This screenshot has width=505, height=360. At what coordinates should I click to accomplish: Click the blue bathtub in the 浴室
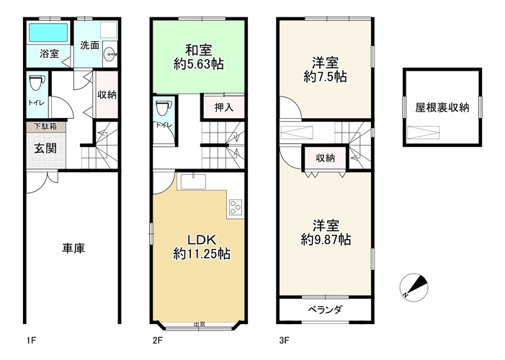click(x=48, y=33)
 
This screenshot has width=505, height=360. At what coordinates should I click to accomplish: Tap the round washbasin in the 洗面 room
click(x=110, y=54)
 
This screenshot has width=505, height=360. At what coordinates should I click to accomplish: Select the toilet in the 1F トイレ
click(x=37, y=84)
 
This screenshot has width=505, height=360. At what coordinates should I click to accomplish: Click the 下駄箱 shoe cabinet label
click(x=45, y=126)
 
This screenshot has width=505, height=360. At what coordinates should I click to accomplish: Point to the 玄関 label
click(x=45, y=148)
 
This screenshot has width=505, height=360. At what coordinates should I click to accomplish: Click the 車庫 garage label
click(x=73, y=248)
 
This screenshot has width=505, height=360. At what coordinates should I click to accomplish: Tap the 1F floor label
click(x=31, y=341)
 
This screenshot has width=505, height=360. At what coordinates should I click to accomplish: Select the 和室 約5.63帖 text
click(x=199, y=58)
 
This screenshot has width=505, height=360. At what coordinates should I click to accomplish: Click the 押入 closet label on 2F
click(x=224, y=107)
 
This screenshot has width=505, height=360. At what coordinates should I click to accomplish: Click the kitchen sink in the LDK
click(x=193, y=182)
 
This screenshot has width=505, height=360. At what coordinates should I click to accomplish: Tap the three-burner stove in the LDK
click(x=236, y=207)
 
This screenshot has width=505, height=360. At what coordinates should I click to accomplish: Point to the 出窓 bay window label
click(x=200, y=324)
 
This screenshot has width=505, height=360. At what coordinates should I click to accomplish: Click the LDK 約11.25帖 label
click(x=202, y=247)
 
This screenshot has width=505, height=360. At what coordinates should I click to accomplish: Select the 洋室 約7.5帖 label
click(x=326, y=70)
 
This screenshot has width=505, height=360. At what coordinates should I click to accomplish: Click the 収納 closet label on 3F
click(x=325, y=158)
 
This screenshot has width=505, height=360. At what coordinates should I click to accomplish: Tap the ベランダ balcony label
click(x=325, y=310)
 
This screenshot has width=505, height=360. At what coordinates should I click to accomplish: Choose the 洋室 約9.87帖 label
click(x=326, y=233)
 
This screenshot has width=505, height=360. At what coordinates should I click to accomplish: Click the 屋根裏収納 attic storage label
click(x=442, y=107)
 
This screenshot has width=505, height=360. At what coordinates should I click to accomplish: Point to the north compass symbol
click(x=414, y=287)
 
